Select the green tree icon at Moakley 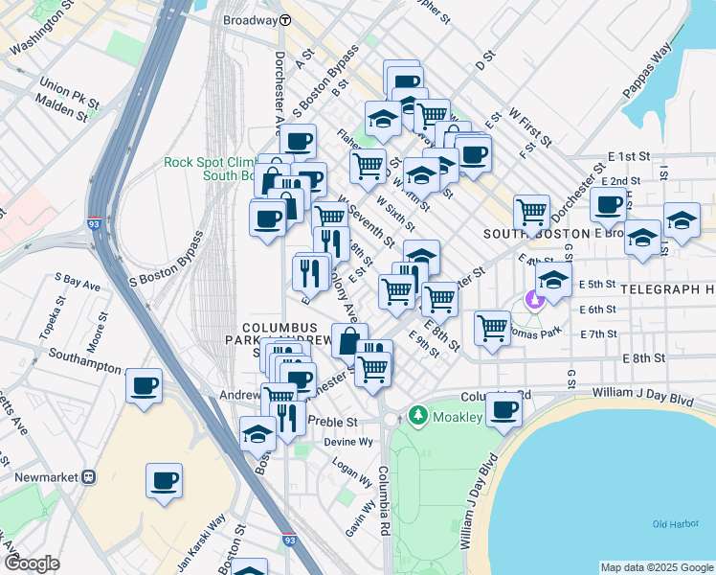pyautogui.click(x=416, y=415)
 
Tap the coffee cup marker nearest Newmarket pyautogui.click(x=164, y=479)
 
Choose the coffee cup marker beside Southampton pyautogui.click(x=144, y=386)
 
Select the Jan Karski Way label pyautogui.click(x=213, y=533)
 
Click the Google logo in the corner pyautogui.click(x=32, y=563)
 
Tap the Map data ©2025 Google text pyautogui.click(x=655, y=567)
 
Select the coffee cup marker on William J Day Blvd pyautogui.click(x=503, y=409)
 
